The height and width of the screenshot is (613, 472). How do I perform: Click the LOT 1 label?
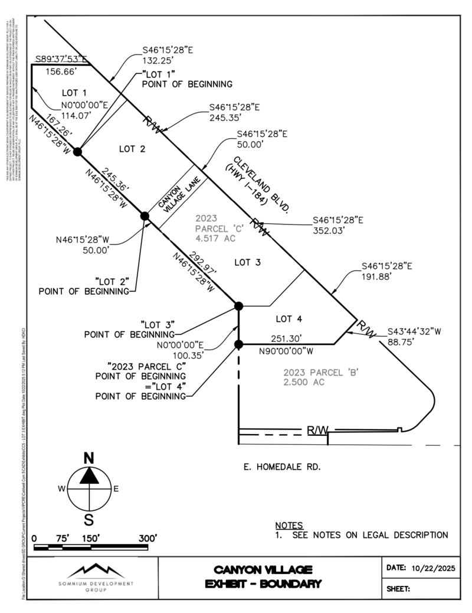tap(74, 93)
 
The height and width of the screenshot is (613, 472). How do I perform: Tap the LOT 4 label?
tap(289, 319)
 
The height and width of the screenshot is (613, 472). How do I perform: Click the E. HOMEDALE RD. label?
tap(282, 467)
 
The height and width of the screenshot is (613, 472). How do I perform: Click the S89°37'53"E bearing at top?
tap(61, 58)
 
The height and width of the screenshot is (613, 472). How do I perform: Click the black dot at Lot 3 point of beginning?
tap(239, 306)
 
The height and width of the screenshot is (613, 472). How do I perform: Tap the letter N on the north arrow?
tap(89, 458)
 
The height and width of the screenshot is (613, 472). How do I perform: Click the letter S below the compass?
tap(89, 520)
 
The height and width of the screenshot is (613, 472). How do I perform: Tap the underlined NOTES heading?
tap(289, 526)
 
